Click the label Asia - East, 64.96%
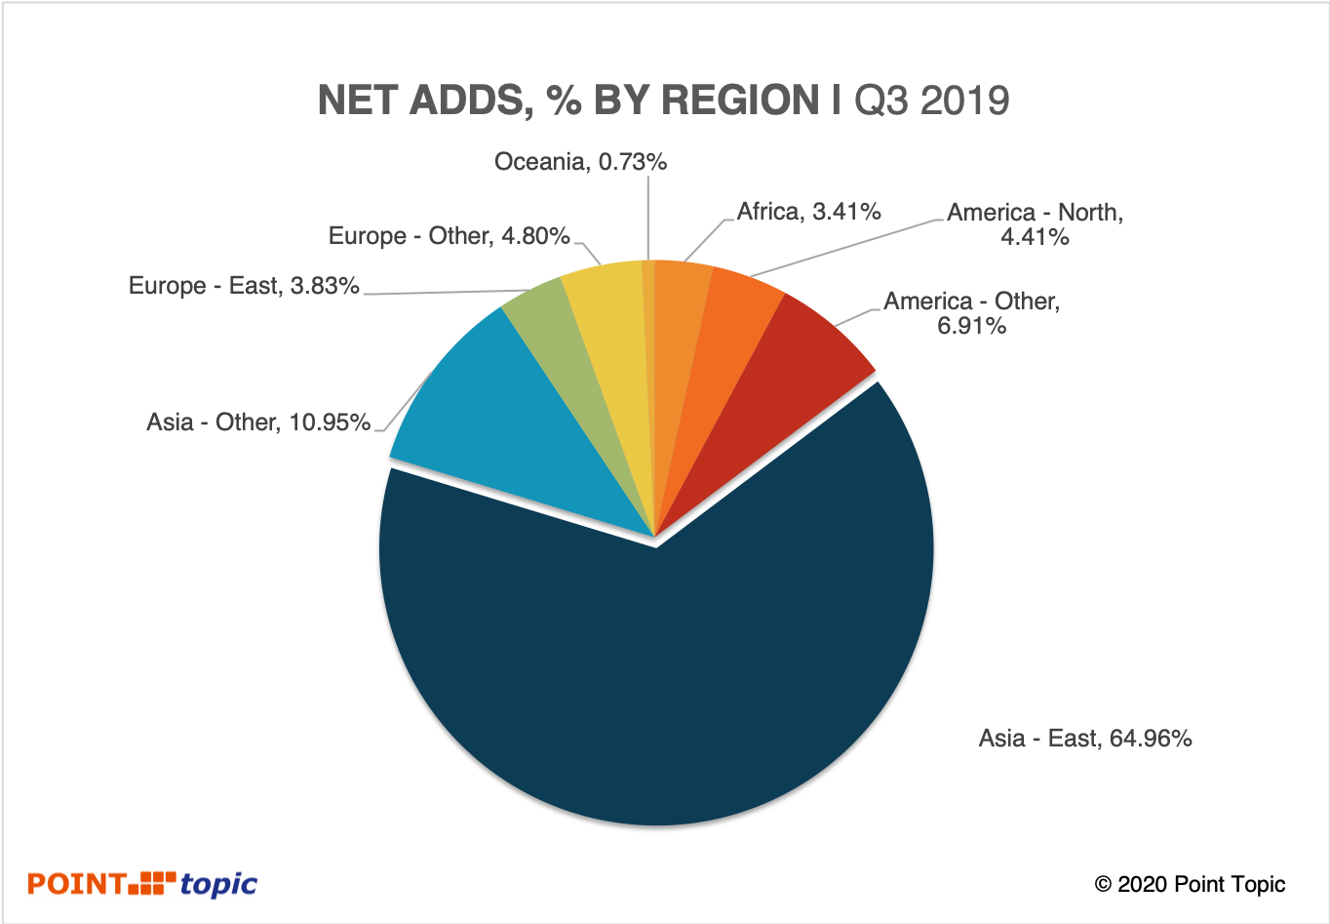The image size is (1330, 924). point(1085,739)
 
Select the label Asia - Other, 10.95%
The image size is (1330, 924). point(258,422)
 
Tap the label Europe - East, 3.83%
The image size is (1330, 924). point(244,286)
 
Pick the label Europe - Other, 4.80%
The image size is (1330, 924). point(449,236)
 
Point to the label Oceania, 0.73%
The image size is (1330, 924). point(580,162)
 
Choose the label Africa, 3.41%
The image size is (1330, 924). point(808,212)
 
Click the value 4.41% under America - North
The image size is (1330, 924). point(1035,237)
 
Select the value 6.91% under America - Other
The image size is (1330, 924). point(971,326)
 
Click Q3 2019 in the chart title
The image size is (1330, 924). point(932,100)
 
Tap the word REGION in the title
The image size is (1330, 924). point(741,100)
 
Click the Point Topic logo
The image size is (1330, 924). point(142,884)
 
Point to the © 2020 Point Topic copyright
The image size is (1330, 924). point(1190,885)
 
